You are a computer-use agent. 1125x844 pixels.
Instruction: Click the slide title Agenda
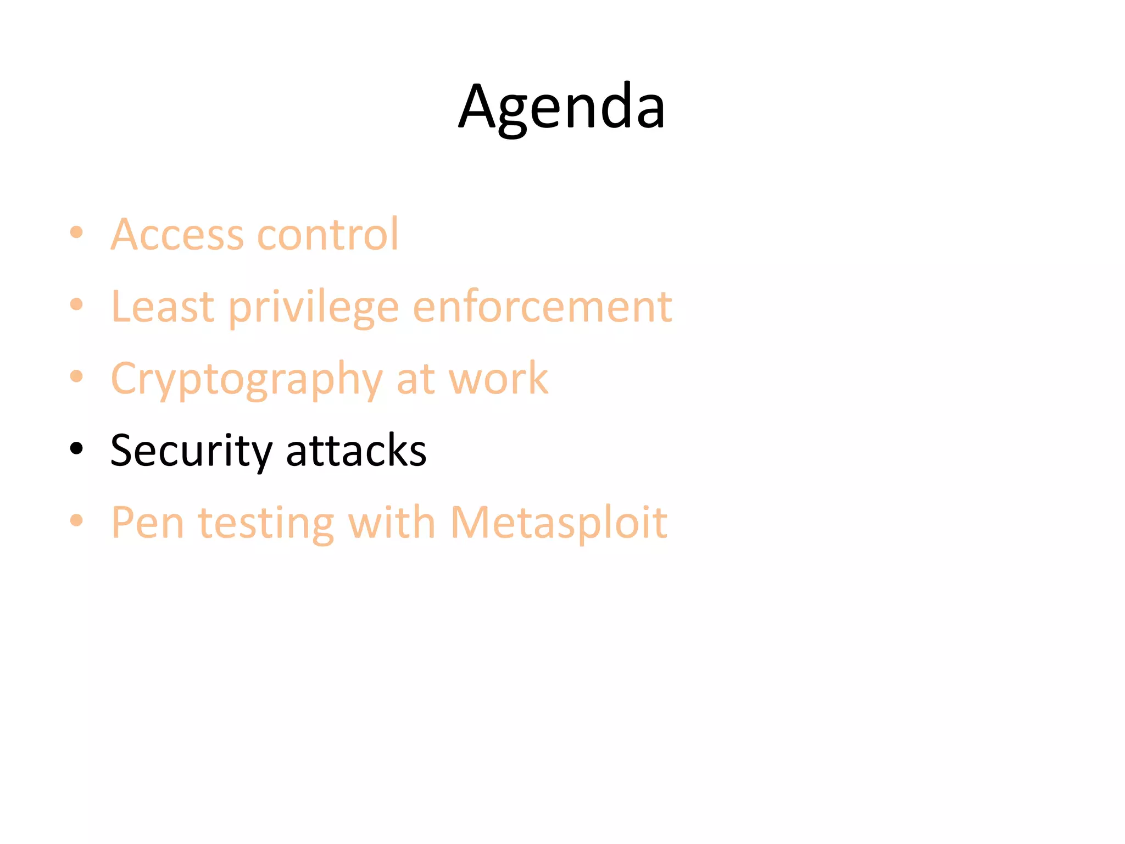(x=561, y=107)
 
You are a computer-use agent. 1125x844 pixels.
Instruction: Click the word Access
(x=177, y=235)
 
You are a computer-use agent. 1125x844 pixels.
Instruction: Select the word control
(x=328, y=235)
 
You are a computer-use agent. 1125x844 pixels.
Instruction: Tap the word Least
(x=163, y=307)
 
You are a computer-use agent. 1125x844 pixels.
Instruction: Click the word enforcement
(x=542, y=307)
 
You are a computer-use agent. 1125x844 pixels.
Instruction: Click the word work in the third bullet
(x=498, y=379)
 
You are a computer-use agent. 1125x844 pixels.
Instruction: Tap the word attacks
(x=356, y=451)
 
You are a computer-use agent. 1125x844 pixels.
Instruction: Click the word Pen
(x=147, y=523)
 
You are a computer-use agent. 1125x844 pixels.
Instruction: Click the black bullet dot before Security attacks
(x=76, y=448)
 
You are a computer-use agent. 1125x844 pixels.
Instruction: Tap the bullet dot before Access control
(x=76, y=232)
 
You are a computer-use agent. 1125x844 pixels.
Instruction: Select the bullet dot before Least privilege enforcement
(x=76, y=304)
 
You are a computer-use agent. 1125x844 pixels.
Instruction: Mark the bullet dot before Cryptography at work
(x=76, y=376)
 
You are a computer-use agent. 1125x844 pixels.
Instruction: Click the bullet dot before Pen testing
(x=76, y=520)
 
